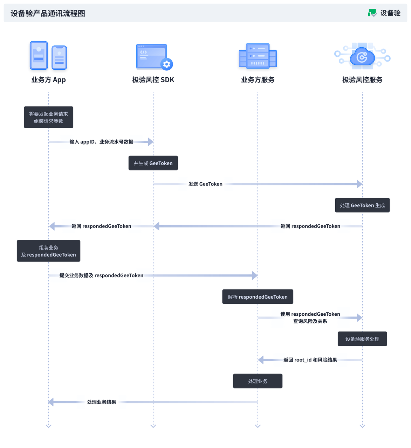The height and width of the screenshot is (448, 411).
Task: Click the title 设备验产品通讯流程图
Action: click(x=48, y=13)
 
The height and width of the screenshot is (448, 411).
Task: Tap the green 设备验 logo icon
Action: click(x=372, y=13)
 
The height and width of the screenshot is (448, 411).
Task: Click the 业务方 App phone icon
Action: click(x=48, y=56)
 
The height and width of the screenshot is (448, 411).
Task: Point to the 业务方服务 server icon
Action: click(x=258, y=56)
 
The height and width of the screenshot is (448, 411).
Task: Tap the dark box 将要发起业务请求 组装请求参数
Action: click(x=48, y=117)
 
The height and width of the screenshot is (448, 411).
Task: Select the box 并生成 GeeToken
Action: click(x=153, y=163)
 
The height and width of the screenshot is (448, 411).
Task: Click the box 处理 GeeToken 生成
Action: click(x=362, y=205)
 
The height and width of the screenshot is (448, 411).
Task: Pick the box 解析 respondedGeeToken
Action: click(x=258, y=297)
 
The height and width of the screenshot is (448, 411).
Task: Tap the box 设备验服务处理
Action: click(x=362, y=339)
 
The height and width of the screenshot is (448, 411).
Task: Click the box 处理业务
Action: click(x=258, y=381)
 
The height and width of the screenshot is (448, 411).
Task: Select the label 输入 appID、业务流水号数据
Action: click(x=101, y=142)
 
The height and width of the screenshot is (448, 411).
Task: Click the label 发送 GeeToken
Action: click(x=205, y=184)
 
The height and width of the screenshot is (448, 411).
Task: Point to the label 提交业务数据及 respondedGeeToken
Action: click(x=101, y=275)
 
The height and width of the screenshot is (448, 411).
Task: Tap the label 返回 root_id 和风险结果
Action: click(x=310, y=360)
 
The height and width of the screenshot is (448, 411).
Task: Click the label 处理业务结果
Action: click(x=102, y=402)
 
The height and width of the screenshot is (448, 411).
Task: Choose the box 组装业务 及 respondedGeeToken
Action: click(x=48, y=251)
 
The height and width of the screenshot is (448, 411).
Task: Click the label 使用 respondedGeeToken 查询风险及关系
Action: click(x=310, y=317)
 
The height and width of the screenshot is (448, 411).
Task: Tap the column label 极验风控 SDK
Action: click(x=153, y=80)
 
